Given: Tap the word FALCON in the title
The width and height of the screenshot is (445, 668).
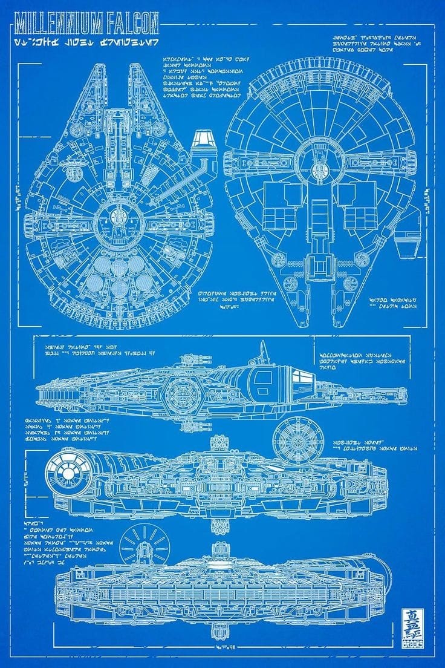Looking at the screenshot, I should pyautogui.click(x=134, y=24).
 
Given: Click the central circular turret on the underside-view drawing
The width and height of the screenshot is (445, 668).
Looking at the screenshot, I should pyautogui.click(x=319, y=157).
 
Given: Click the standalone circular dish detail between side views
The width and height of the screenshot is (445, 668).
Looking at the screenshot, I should pyautogui.click(x=297, y=440).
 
